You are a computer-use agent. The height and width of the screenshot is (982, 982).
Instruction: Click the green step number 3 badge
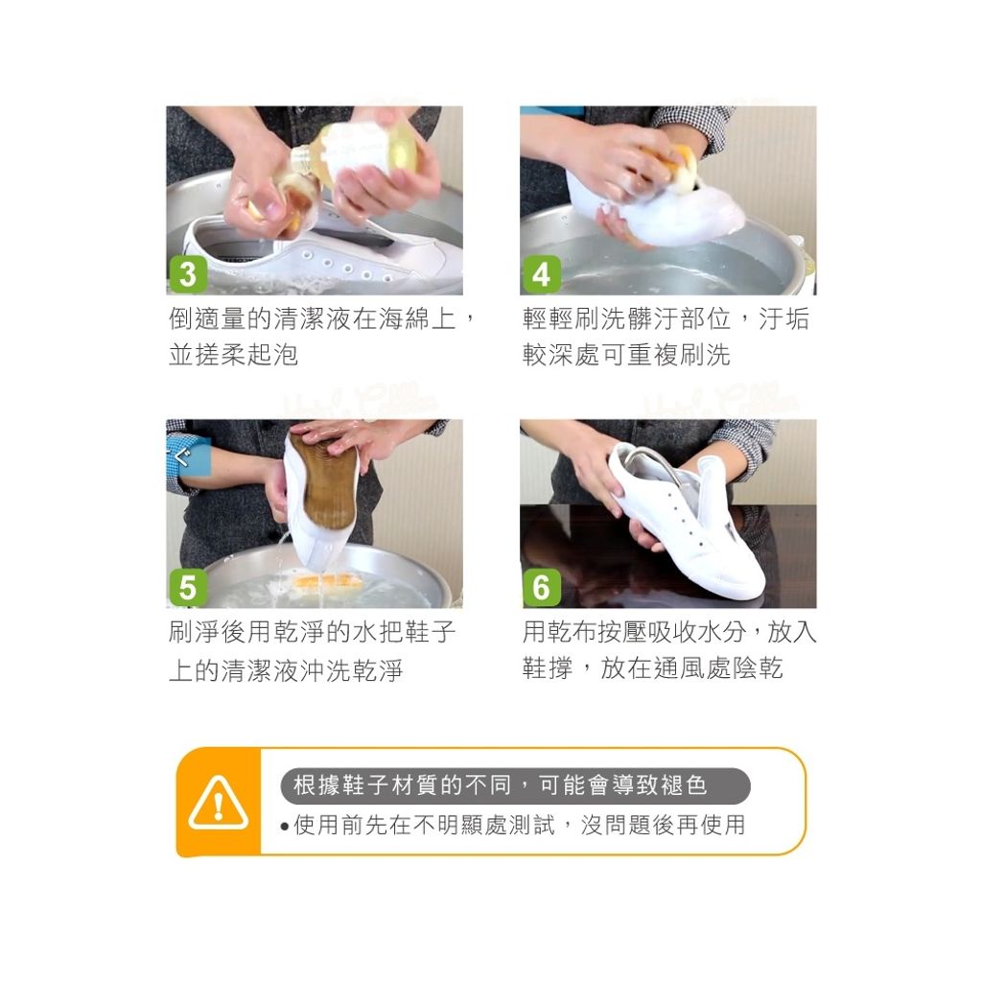click(187, 275)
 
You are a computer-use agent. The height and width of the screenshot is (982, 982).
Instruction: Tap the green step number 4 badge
click(541, 275)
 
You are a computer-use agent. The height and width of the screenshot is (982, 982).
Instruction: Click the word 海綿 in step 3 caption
click(405, 318)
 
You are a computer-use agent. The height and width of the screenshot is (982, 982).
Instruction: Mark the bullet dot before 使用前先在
click(286, 826)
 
